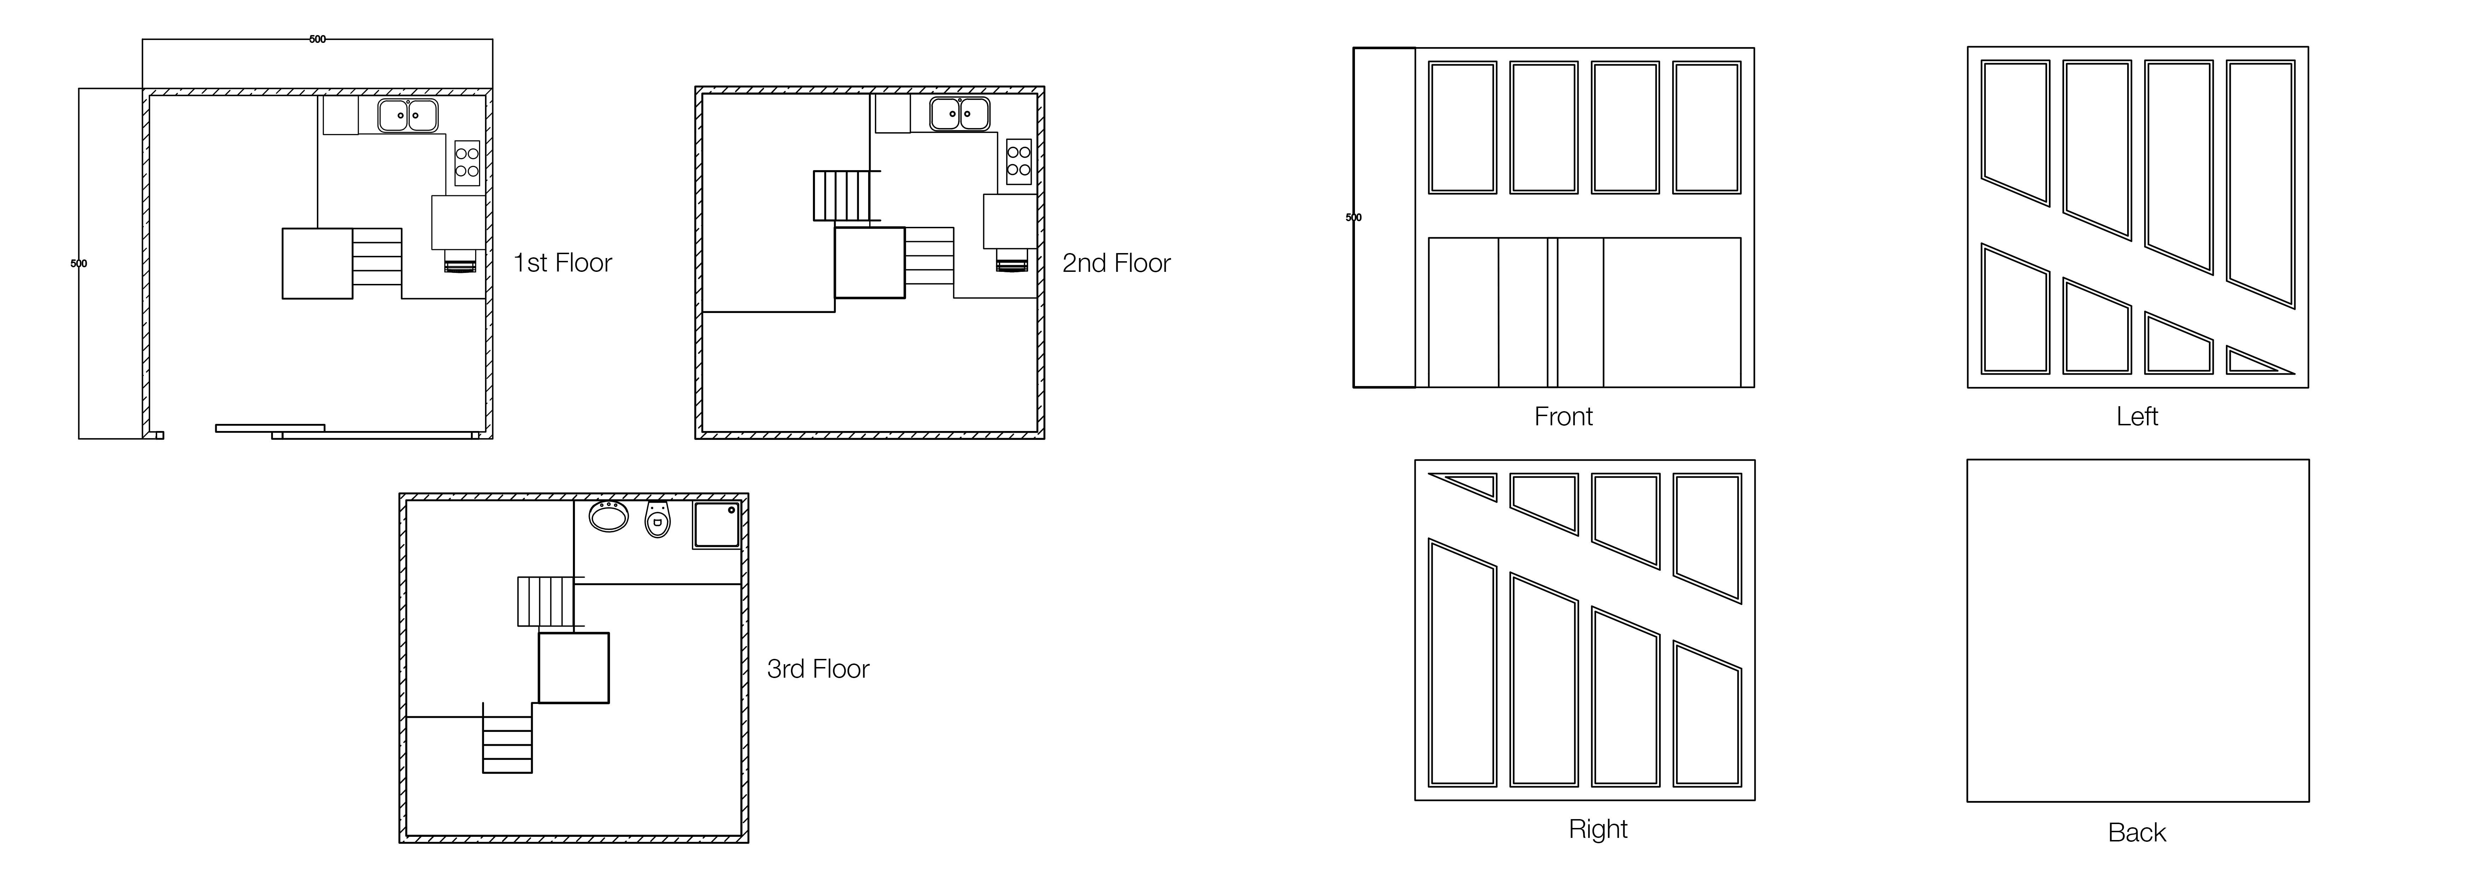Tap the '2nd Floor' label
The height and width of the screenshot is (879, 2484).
[x=1117, y=263]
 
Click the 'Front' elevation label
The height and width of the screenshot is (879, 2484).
[x=1563, y=417]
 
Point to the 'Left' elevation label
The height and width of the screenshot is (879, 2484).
[x=2137, y=417]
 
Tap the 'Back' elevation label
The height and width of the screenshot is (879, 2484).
[x=2137, y=833]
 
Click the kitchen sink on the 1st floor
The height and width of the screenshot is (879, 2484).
[x=407, y=115]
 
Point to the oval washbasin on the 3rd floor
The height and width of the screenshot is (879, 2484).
[x=609, y=516]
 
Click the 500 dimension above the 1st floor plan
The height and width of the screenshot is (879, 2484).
[x=317, y=40]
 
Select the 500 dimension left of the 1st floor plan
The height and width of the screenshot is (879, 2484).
[x=79, y=263]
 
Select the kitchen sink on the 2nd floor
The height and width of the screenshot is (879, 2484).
[x=959, y=115]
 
